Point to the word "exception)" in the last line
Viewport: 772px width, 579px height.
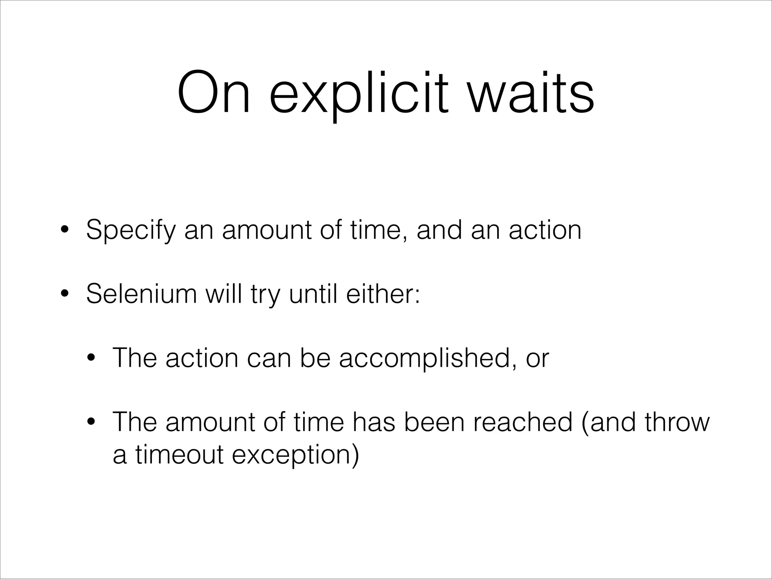tap(296, 455)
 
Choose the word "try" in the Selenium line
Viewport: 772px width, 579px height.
tap(266, 295)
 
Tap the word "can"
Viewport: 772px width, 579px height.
tap(270, 358)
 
